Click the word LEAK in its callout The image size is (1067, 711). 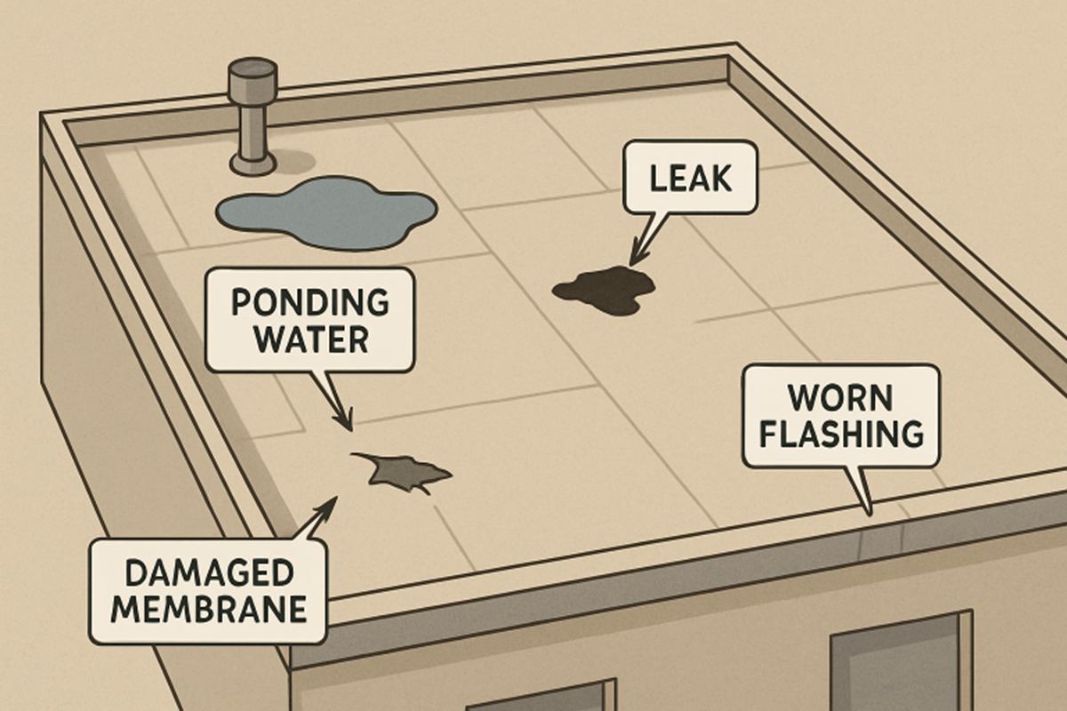click(690, 180)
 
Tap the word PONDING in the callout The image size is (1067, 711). click(309, 302)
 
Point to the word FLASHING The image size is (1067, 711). click(840, 435)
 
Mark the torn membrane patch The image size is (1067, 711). click(402, 472)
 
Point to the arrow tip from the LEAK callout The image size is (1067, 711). click(634, 260)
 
